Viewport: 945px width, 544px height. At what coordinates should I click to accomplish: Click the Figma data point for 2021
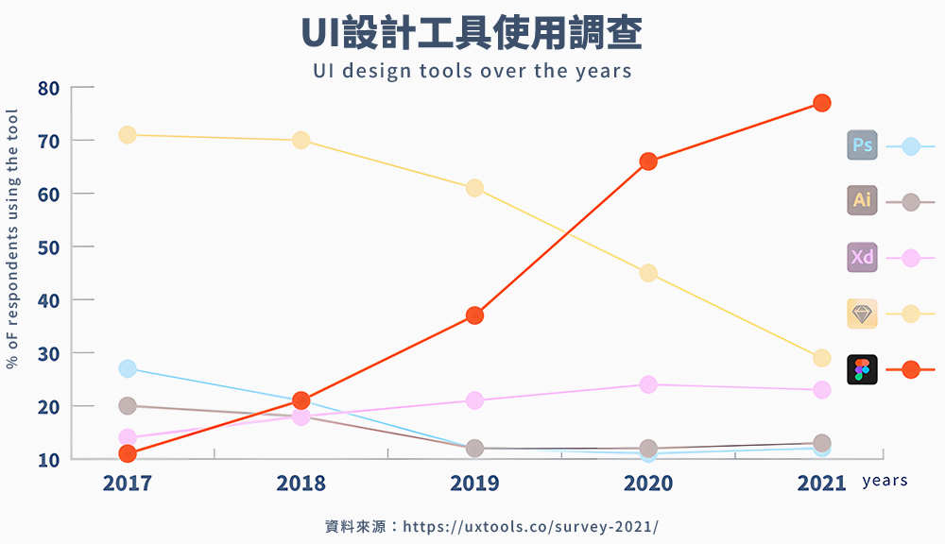click(x=821, y=102)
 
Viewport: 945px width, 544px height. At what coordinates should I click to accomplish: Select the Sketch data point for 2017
click(x=128, y=135)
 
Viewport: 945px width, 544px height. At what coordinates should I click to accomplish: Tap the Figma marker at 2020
click(x=648, y=161)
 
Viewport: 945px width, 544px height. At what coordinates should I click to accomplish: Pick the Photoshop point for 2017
click(x=128, y=368)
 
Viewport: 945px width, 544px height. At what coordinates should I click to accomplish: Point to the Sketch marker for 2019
click(x=474, y=188)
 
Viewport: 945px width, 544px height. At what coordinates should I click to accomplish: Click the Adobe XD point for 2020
click(x=648, y=384)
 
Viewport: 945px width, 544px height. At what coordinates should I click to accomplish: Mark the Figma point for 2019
click(x=474, y=315)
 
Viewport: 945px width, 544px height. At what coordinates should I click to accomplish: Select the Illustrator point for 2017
click(x=128, y=406)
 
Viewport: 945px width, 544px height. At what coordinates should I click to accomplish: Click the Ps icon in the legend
click(x=862, y=145)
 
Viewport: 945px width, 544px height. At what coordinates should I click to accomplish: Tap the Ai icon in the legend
click(x=862, y=200)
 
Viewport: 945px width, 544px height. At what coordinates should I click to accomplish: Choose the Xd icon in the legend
click(x=862, y=257)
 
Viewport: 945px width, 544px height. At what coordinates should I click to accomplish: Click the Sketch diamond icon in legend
click(x=862, y=314)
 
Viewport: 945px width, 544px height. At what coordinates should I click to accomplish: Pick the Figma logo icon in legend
click(x=862, y=369)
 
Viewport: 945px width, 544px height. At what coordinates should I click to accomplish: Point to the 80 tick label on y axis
click(x=49, y=89)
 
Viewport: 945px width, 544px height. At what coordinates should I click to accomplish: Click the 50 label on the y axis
click(x=49, y=247)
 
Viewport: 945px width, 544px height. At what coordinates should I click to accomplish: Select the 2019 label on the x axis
click(x=474, y=484)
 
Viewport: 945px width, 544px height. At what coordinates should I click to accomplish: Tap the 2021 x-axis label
click(x=821, y=484)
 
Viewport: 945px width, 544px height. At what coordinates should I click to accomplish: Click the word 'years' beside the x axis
click(x=885, y=481)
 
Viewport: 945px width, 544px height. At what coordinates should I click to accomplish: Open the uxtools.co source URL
click(x=530, y=526)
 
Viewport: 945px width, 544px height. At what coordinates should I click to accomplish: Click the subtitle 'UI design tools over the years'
click(x=472, y=71)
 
